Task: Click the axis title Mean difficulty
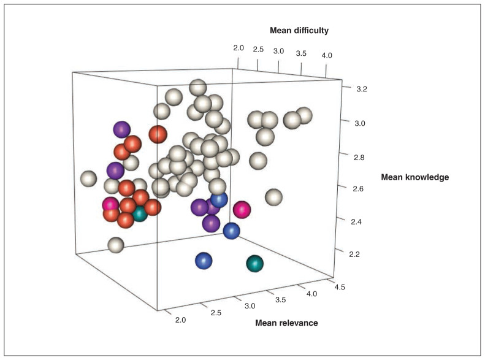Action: [x=299, y=30]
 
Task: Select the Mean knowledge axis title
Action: [x=414, y=177]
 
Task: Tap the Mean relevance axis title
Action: [x=287, y=323]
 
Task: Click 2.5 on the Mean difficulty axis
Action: [x=258, y=49]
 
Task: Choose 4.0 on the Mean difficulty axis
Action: [x=326, y=56]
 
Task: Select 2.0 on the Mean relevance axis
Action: [x=180, y=320]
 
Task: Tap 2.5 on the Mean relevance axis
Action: [x=216, y=313]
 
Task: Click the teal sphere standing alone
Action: [x=254, y=264]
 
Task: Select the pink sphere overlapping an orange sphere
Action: [x=110, y=204]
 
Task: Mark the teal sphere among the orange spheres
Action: [x=140, y=214]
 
